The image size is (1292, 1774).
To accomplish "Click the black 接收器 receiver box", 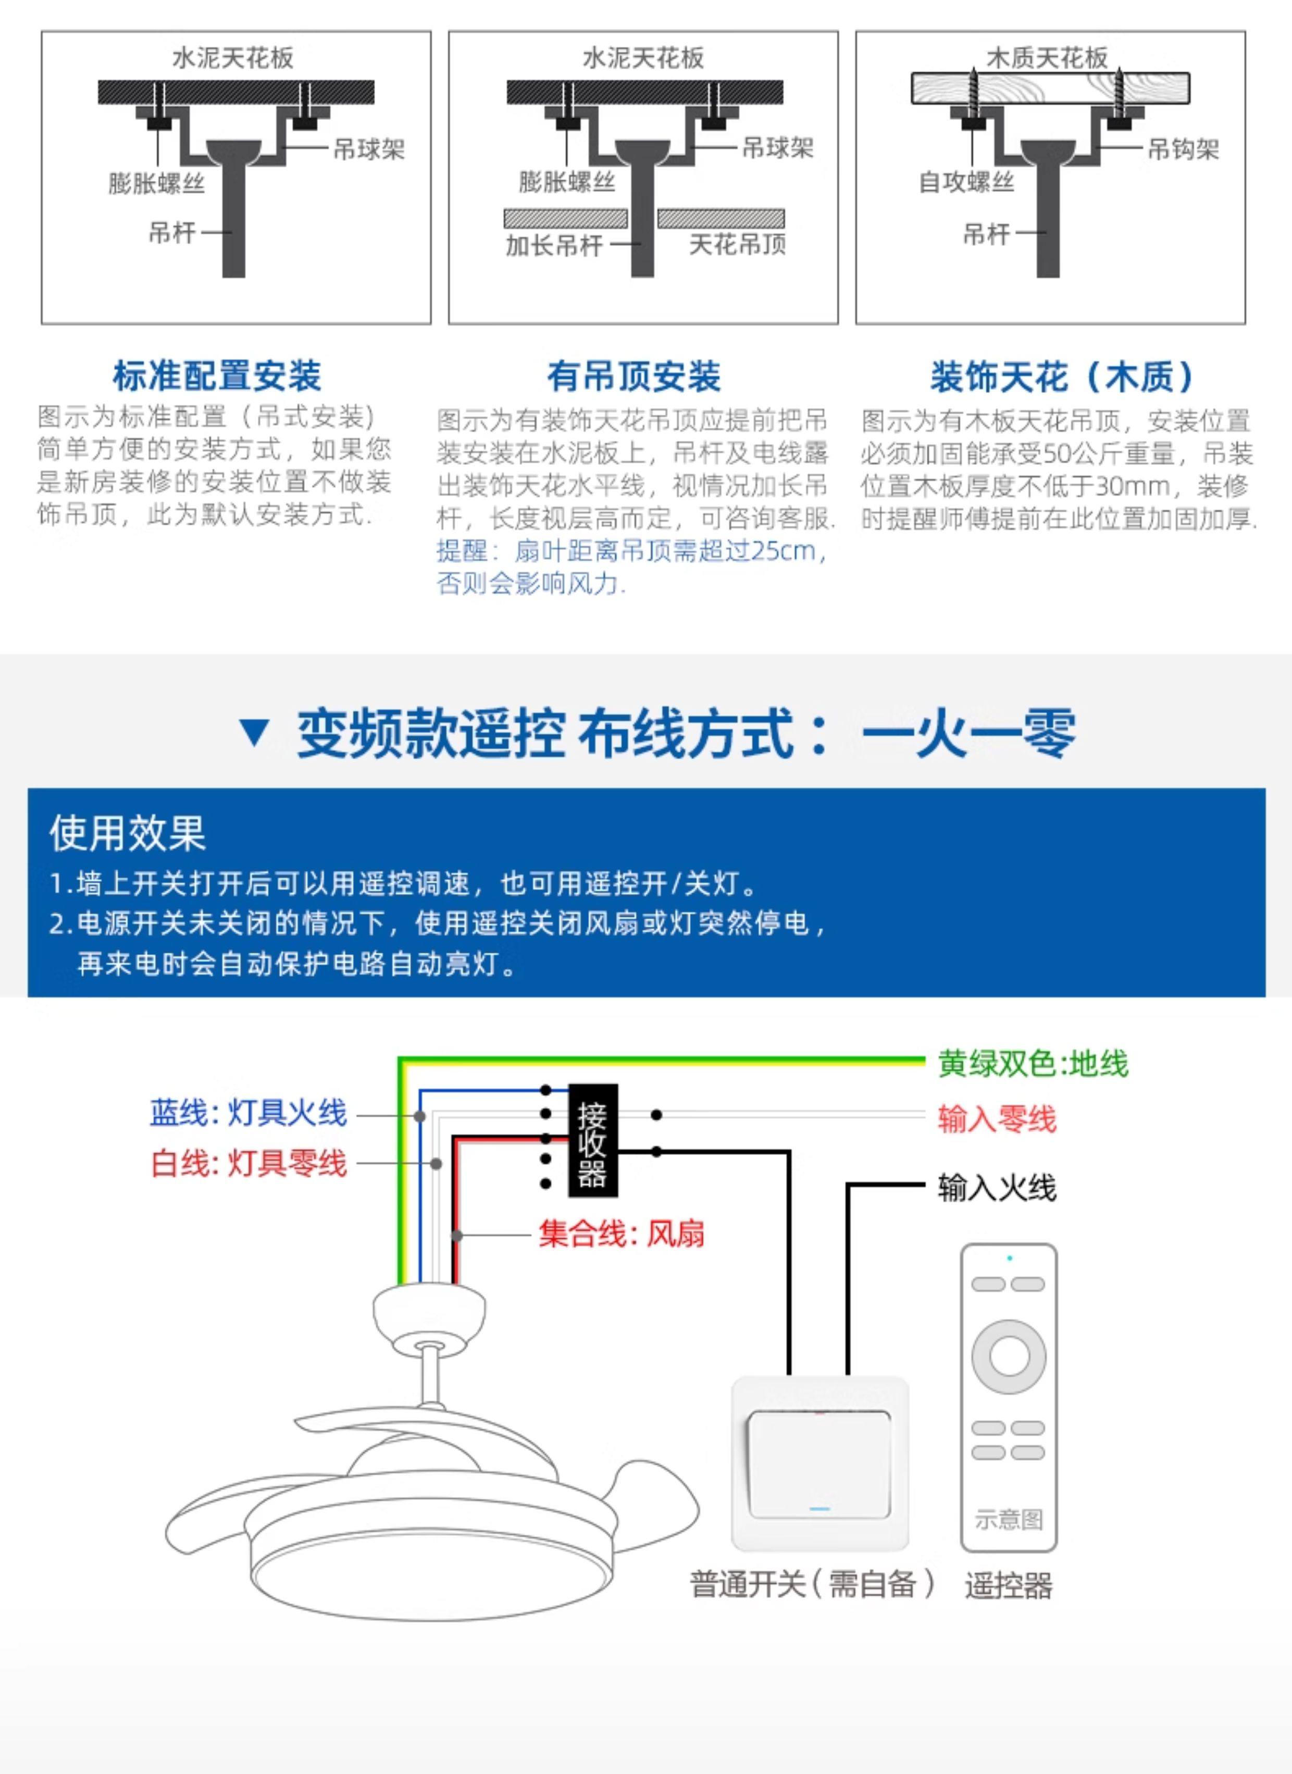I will click(x=592, y=1140).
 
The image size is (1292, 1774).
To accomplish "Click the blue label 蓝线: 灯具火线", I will click(x=248, y=1112).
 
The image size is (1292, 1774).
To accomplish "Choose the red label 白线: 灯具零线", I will click(x=248, y=1163).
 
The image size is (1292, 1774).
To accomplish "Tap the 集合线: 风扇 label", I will click(x=621, y=1234).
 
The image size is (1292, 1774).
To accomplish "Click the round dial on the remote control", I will click(x=1009, y=1356).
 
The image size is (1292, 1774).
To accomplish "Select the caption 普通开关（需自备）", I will click(x=812, y=1584).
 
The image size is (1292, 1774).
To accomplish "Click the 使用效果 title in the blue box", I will click(x=128, y=832).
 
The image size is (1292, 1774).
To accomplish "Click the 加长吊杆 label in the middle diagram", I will click(x=554, y=245).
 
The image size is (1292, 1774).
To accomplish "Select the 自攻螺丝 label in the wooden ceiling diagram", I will click(x=966, y=182).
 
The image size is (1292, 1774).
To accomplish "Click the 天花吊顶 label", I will click(x=737, y=245).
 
